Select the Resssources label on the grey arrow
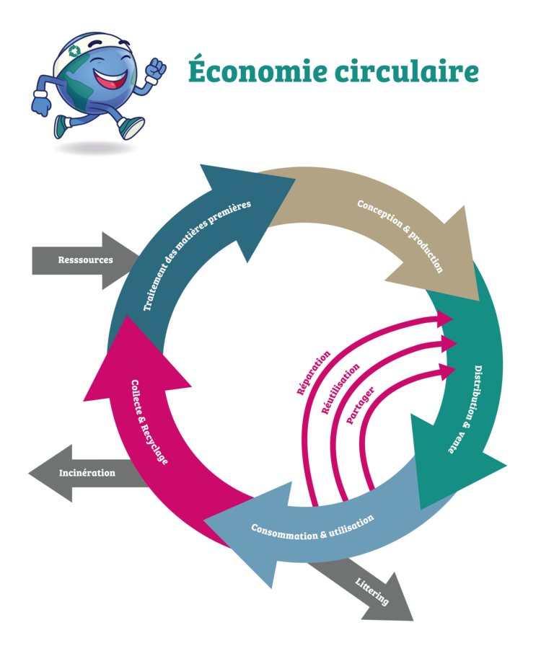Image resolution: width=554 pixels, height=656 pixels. [x=85, y=260]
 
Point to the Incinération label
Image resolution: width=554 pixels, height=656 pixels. [x=87, y=473]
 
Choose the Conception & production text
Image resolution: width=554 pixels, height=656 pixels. [x=400, y=234]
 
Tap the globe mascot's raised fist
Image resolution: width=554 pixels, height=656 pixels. [x=156, y=69]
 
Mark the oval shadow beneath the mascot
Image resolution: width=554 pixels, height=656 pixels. [x=94, y=147]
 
